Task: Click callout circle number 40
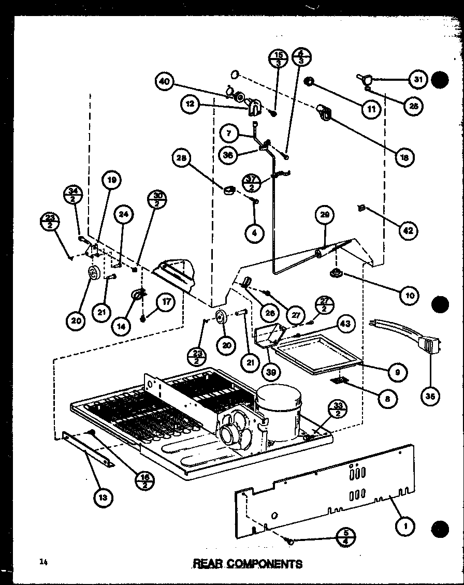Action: tap(165, 82)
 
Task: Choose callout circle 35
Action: tap(431, 397)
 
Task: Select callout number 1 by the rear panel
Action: tap(404, 526)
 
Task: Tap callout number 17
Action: tap(166, 303)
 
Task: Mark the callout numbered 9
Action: tap(398, 372)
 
